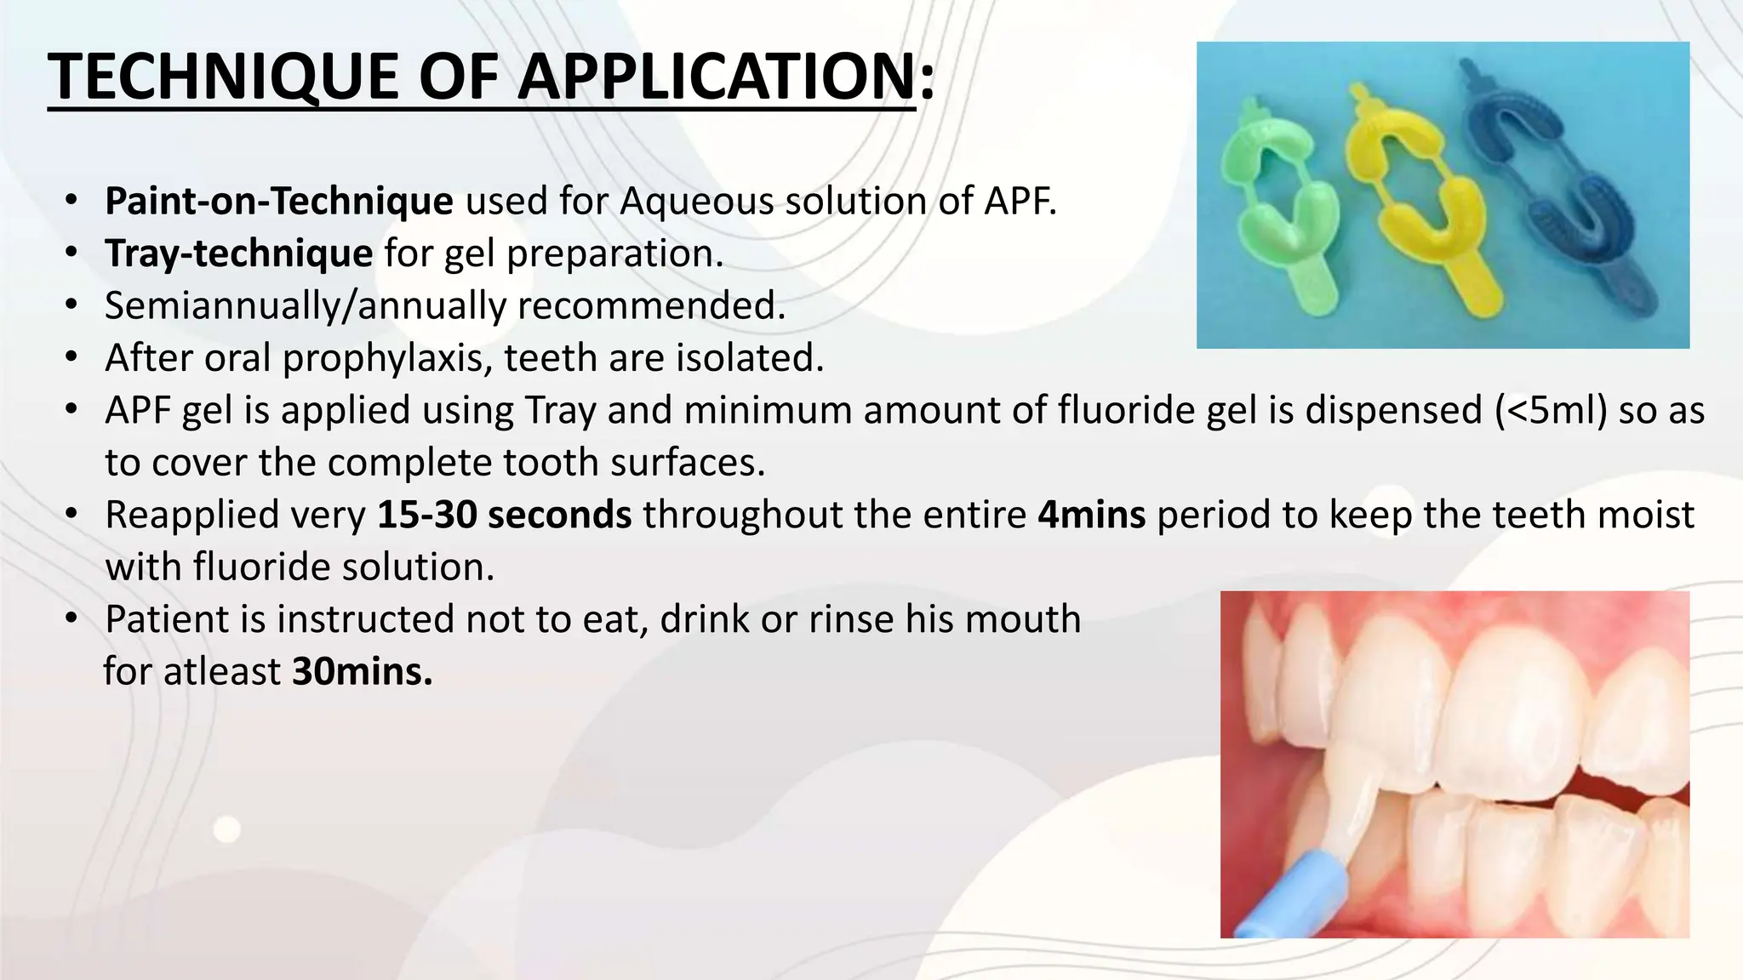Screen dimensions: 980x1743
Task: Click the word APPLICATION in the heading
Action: coord(715,77)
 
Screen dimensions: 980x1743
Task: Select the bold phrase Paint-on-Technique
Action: coord(279,202)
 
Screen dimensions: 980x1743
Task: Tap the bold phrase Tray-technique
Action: coord(238,254)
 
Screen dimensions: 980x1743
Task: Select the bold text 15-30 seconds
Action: coord(504,515)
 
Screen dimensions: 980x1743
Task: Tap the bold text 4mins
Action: coord(1091,515)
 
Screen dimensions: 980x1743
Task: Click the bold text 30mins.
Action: coord(362,672)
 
